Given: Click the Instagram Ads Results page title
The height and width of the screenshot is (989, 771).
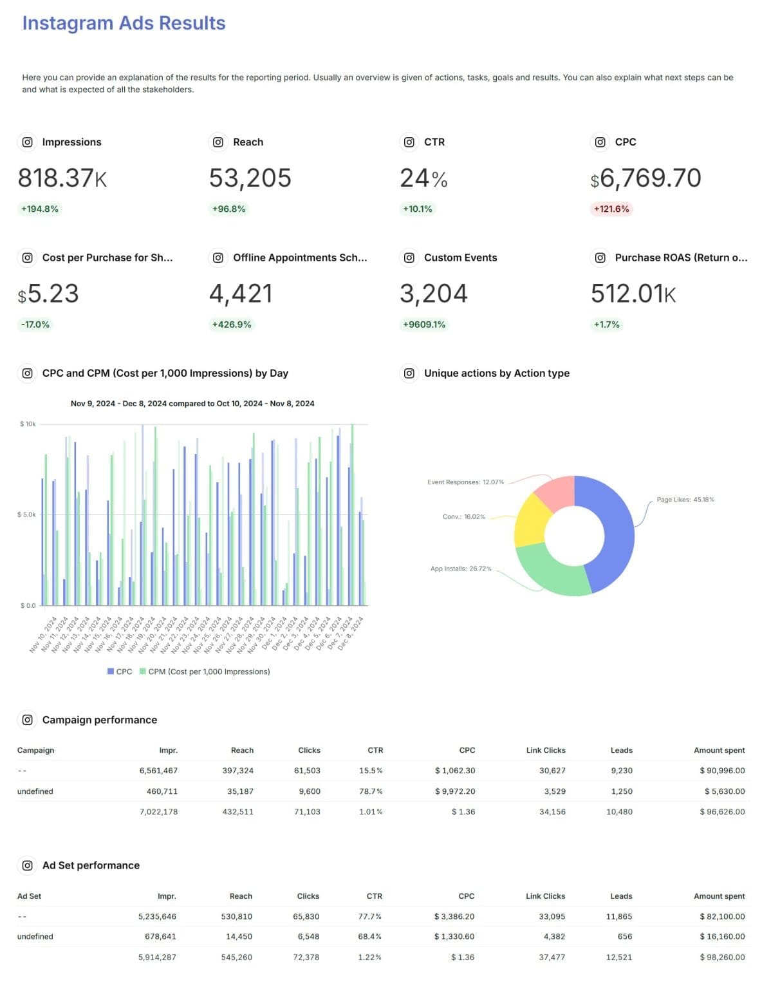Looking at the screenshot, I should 124,23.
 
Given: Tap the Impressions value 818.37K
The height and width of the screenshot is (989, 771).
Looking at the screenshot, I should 62,178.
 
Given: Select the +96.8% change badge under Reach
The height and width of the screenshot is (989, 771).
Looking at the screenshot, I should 228,209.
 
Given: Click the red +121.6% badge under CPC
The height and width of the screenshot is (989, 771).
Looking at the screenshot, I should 611,209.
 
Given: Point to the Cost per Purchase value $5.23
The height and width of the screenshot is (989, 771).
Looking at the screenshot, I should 48,294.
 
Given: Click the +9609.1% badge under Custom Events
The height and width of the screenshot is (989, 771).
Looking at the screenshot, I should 423,325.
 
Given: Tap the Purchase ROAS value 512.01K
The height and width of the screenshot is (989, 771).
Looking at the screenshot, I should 633,294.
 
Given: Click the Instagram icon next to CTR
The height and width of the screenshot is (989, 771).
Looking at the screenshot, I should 409,142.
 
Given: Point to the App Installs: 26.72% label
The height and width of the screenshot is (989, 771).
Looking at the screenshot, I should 460,569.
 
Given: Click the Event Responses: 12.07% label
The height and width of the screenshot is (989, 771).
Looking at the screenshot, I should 465,482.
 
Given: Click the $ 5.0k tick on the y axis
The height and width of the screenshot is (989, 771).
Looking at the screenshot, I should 28,515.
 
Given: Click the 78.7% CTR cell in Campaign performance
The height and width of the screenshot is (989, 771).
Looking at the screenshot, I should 371,791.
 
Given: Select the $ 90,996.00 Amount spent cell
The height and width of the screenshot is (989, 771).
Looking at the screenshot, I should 721,771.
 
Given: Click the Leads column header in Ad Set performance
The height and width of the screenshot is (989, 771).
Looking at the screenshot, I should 620,896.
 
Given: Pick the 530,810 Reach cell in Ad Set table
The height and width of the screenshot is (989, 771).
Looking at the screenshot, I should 236,916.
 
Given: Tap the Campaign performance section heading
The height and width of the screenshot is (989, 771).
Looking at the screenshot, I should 99,720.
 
